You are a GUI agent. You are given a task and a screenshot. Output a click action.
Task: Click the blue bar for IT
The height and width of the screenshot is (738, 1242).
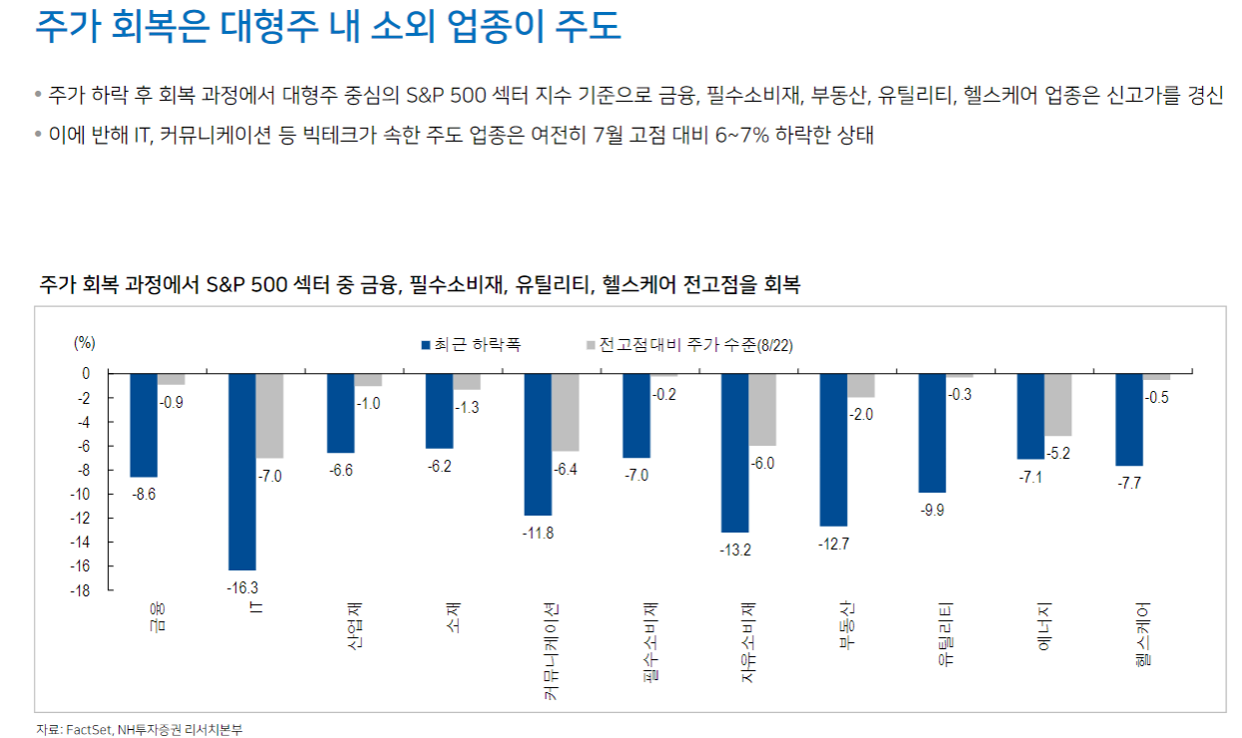[x=242, y=471]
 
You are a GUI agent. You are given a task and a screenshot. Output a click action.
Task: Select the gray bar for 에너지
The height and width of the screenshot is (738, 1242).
[x=1058, y=405]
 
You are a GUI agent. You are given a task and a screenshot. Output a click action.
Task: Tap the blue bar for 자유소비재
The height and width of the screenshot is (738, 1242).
[x=735, y=453]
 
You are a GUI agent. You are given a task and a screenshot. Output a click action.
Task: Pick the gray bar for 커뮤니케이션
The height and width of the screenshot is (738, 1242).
[x=565, y=412]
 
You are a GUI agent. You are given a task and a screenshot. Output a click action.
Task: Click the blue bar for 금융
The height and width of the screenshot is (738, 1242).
[x=144, y=425]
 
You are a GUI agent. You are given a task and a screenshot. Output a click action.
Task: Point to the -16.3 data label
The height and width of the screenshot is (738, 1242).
[x=241, y=586]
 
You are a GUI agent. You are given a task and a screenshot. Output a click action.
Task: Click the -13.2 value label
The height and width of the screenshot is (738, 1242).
[x=734, y=550]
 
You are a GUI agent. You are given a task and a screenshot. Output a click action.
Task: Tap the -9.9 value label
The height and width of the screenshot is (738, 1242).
[x=932, y=510]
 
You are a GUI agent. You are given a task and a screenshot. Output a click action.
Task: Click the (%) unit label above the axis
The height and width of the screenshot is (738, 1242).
[x=85, y=342]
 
